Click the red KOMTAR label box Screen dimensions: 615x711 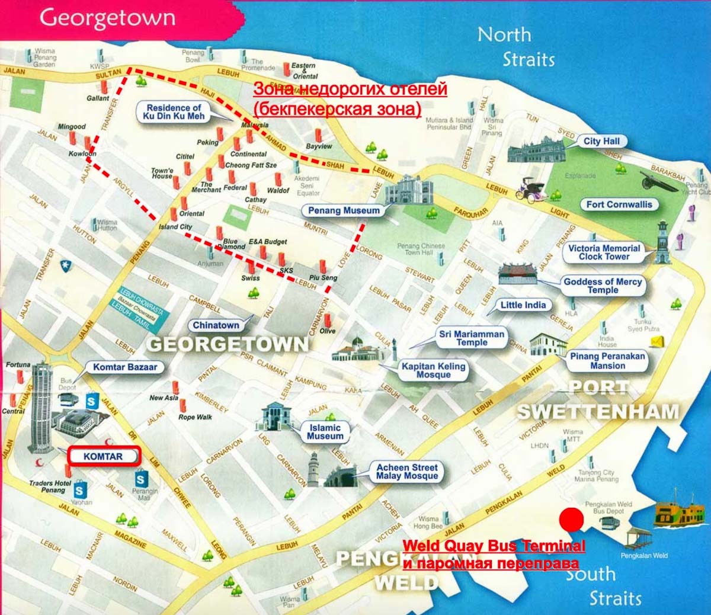[103, 456]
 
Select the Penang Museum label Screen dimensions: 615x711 [344, 210]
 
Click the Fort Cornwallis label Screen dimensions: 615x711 [619, 204]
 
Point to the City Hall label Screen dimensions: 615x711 [601, 141]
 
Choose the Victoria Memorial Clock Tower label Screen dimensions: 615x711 [604, 252]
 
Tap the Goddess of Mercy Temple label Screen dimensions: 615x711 [603, 286]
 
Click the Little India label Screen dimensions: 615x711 [523, 305]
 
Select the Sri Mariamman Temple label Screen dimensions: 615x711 [472, 338]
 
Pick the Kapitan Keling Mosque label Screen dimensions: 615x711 [433, 370]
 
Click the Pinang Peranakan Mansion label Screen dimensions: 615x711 [607, 361]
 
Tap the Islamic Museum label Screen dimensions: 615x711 [325, 431]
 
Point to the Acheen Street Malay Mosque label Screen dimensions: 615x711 [406, 472]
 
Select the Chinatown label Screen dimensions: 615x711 [216, 325]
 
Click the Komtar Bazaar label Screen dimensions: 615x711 [125, 367]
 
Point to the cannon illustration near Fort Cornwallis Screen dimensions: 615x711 [658, 181]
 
